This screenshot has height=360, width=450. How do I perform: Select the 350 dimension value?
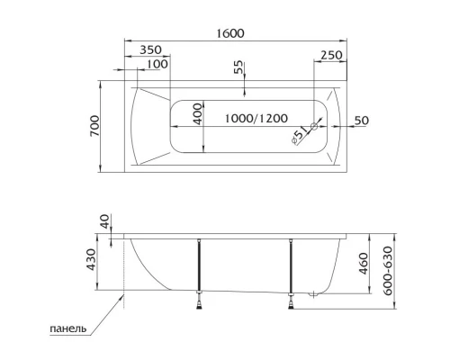click(x=151, y=50)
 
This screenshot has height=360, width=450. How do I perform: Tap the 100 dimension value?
click(x=157, y=64)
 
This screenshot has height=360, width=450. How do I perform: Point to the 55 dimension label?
click(x=238, y=68)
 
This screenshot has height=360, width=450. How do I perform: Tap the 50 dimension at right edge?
click(x=362, y=120)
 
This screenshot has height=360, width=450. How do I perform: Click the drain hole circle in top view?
click(x=316, y=125)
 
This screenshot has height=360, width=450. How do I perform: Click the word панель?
click(x=68, y=329)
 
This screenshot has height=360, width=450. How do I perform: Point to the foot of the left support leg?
click(x=199, y=307)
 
